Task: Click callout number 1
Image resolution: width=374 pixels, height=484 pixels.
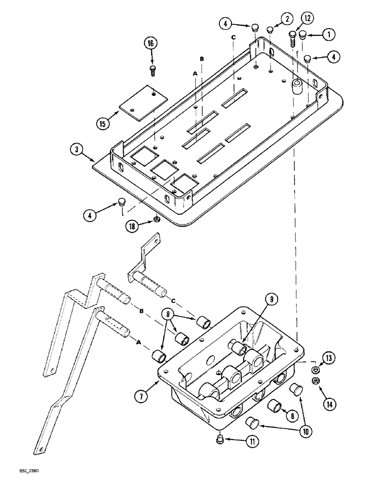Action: coord(329,34)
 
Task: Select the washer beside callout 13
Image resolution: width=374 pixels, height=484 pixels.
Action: coord(316,370)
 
